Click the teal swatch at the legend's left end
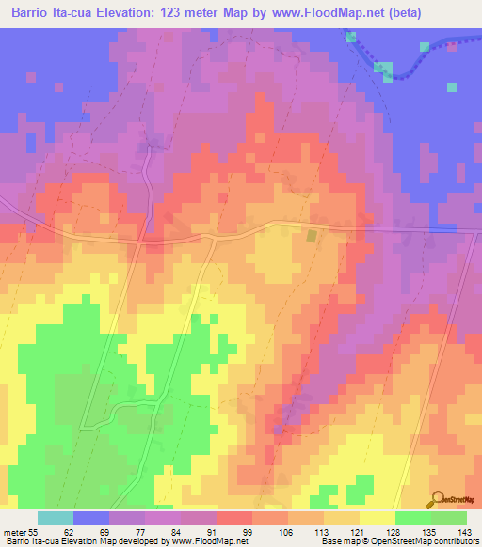click(x=56, y=518)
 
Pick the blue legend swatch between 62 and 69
click(x=91, y=518)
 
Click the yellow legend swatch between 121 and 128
click(x=377, y=518)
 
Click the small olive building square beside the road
click(x=311, y=236)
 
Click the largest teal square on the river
click(x=383, y=69)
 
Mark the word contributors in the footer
click(x=457, y=541)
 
